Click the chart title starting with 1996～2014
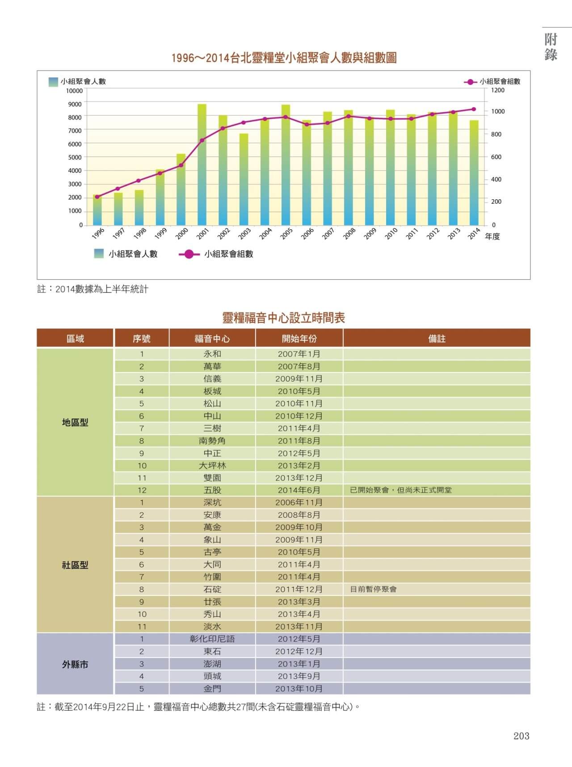pyautogui.click(x=284, y=58)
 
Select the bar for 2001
pyautogui.click(x=202, y=164)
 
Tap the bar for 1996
pyautogui.click(x=97, y=210)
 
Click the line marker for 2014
pyautogui.click(x=474, y=109)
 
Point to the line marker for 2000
pyautogui.click(x=181, y=165)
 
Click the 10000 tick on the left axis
pyautogui.click(x=74, y=91)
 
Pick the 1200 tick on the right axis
pyautogui.click(x=498, y=90)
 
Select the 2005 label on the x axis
pyautogui.click(x=286, y=233)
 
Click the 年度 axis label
pyautogui.click(x=492, y=236)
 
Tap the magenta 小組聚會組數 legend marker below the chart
pyautogui.click(x=189, y=254)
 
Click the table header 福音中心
pyautogui.click(x=212, y=339)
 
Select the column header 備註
pyautogui.click(x=437, y=339)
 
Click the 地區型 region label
pyautogui.click(x=75, y=422)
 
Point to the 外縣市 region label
pyautogui.click(x=75, y=664)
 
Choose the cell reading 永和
pyautogui.click(x=212, y=354)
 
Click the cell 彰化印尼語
pyautogui.click(x=212, y=639)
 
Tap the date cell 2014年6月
pyautogui.click(x=299, y=490)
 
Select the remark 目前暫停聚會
pyautogui.click(x=374, y=589)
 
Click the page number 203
pyautogui.click(x=522, y=736)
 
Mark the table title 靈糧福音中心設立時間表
pyautogui.click(x=284, y=318)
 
